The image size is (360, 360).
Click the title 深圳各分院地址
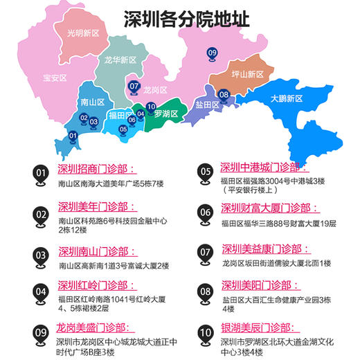click(x=186, y=19)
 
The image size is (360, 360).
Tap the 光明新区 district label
click(x=84, y=33)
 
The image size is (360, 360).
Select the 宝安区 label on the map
click(x=55, y=78)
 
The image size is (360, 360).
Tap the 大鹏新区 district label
click(x=287, y=99)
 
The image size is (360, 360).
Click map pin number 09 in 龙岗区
click(x=212, y=53)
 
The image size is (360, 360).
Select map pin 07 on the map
click(x=134, y=87)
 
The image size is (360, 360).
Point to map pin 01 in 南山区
click(x=73, y=135)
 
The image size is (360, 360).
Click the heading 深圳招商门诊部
click(x=98, y=170)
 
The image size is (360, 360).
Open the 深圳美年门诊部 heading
click(x=98, y=207)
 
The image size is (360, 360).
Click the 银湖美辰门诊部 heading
click(x=260, y=327)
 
